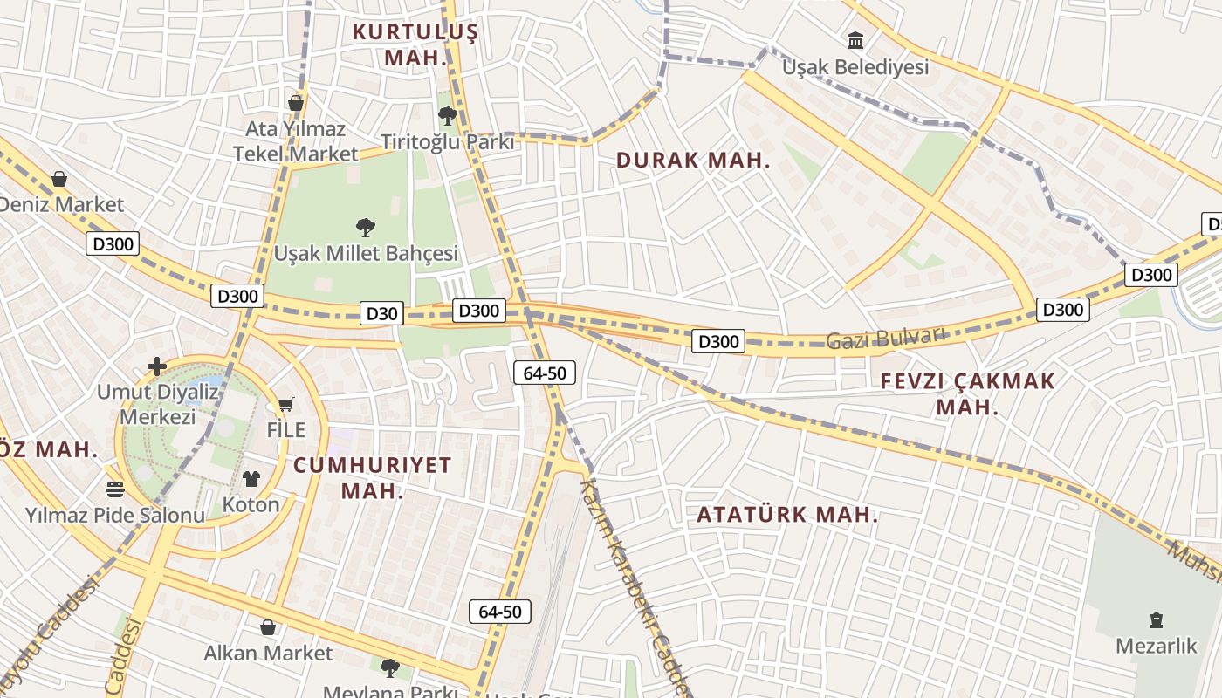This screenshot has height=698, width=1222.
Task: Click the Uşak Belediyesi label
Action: pyautogui.click(x=855, y=67)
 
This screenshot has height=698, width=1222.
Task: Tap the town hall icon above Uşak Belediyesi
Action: pyautogui.click(x=855, y=40)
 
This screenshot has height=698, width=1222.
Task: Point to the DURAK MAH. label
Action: pyautogui.click(x=693, y=161)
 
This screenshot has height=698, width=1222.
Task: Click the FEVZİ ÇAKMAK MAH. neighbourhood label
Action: pyautogui.click(x=967, y=394)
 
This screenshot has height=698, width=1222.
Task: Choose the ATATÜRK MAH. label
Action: pyautogui.click(x=787, y=515)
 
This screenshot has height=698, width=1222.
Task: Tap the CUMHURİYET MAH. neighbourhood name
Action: pyautogui.click(x=373, y=477)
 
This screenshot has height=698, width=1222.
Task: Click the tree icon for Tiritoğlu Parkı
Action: pyautogui.click(x=448, y=116)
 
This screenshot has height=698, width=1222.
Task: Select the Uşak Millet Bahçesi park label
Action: pyautogui.click(x=366, y=254)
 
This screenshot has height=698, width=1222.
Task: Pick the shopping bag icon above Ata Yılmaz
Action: pyautogui.click(x=296, y=103)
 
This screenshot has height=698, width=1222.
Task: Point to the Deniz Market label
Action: pyautogui.click(x=61, y=205)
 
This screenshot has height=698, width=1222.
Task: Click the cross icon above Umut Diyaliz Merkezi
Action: pyautogui.click(x=157, y=366)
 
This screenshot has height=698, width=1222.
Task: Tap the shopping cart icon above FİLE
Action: pyautogui.click(x=285, y=405)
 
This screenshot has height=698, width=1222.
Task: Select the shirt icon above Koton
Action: pyautogui.click(x=251, y=478)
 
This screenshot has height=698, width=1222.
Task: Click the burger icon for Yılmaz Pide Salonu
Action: pyautogui.click(x=115, y=489)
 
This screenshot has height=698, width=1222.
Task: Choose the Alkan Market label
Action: pyautogui.click(x=268, y=654)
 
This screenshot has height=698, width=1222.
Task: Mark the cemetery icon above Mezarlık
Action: pyautogui.click(x=1157, y=620)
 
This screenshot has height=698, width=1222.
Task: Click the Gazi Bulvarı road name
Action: pyautogui.click(x=886, y=338)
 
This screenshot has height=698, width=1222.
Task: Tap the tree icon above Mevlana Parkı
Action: pyautogui.click(x=390, y=668)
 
